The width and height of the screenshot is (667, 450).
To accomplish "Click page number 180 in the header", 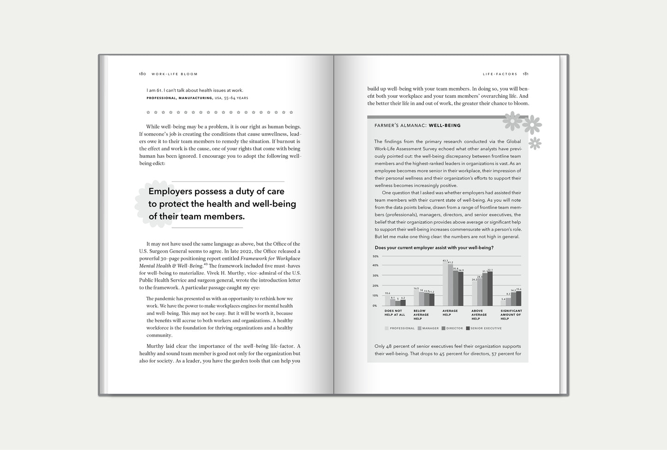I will point(143,74).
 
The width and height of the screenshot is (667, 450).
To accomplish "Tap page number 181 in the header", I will point(526,74).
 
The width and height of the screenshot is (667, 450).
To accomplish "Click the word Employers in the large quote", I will point(170,191).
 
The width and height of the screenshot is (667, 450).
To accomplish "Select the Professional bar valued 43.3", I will point(445,284).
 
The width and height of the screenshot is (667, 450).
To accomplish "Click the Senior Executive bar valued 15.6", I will point(518,298).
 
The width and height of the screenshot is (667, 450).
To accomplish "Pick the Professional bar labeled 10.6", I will point(387,301).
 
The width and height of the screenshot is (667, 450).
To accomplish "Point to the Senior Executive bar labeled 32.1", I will point(490,289).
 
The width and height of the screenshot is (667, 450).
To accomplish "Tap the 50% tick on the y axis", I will point(376,256).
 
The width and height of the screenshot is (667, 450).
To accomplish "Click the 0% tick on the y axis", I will point(376,306).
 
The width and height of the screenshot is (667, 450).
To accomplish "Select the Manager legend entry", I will point(430,328).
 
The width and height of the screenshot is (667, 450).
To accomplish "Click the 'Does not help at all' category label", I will point(394,313).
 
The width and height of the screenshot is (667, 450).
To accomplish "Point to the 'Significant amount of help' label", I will point(511,314).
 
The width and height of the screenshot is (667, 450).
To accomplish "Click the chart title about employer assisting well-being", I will point(434,248).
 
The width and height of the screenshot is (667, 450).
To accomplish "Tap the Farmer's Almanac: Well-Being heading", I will point(417,125).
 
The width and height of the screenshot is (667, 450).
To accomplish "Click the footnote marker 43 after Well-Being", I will point(205,264).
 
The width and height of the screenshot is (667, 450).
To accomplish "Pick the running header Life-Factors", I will point(500,74).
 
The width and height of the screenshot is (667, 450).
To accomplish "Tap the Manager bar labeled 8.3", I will point(508,302).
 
